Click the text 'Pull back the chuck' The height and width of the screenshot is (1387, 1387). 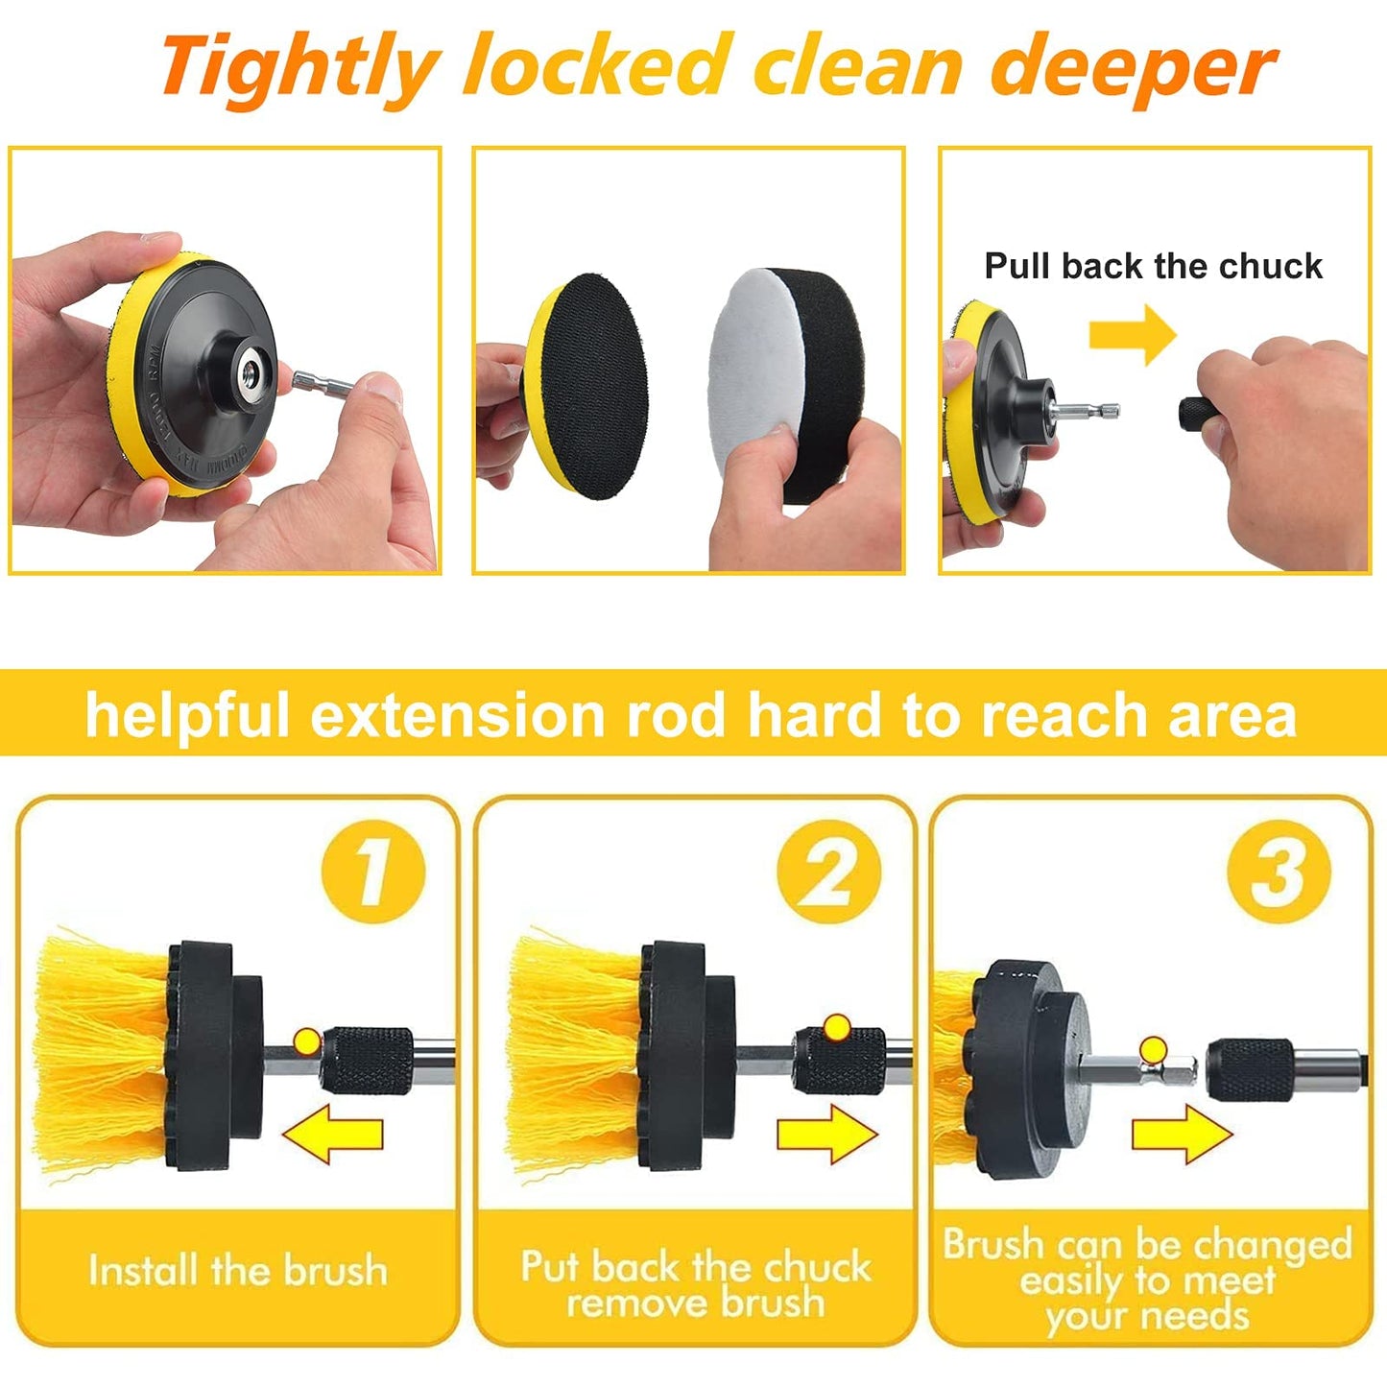click(x=1153, y=266)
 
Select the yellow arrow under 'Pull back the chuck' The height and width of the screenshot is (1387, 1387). click(x=1133, y=335)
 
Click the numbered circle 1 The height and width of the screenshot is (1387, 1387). click(x=372, y=872)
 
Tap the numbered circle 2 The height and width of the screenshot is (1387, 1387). click(x=828, y=872)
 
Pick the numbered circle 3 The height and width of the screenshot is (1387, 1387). click(x=1279, y=872)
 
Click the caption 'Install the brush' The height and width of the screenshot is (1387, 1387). click(x=238, y=1271)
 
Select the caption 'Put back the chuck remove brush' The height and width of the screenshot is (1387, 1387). click(x=696, y=1284)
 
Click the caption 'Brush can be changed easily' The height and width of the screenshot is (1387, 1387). click(x=1148, y=1279)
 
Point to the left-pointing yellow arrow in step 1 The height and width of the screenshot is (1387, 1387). click(x=333, y=1133)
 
